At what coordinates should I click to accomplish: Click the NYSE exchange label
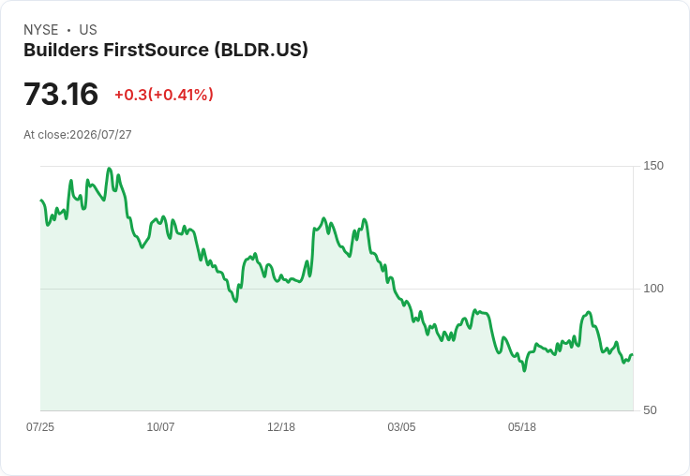tap(41, 30)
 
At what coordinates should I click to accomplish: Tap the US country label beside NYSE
tap(88, 30)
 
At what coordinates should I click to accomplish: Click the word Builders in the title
tap(61, 50)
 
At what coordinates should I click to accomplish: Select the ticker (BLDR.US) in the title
tap(262, 50)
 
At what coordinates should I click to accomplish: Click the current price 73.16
tap(61, 94)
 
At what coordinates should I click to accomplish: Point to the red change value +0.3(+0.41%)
tap(164, 95)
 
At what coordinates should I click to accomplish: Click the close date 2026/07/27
tap(100, 135)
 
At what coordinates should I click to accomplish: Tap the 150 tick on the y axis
tap(653, 166)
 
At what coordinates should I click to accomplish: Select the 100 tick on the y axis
tap(653, 289)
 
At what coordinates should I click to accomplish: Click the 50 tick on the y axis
tap(650, 410)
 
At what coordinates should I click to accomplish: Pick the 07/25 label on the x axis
tap(40, 427)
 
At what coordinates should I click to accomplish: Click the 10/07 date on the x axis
tap(160, 427)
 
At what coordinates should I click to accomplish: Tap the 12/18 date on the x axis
tap(281, 427)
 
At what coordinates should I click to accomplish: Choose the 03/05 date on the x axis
tap(401, 427)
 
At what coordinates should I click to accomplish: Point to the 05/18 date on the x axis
tap(522, 427)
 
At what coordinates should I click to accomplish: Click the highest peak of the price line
tap(110, 169)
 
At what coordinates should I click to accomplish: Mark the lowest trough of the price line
tap(525, 370)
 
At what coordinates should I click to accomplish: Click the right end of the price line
tap(633, 354)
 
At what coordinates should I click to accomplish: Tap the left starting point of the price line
tap(41, 201)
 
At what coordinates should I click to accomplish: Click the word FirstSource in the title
tap(157, 50)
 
